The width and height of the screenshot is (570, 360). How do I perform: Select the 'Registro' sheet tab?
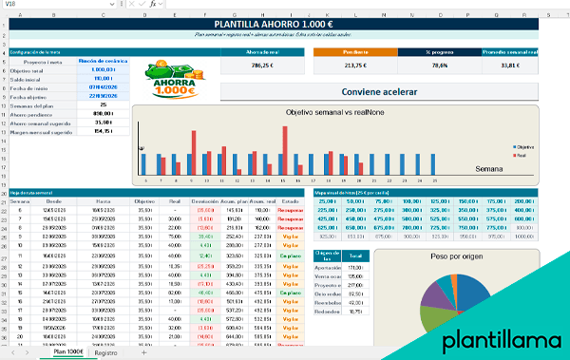(x=106, y=352)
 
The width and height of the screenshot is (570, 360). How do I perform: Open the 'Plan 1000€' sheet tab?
(x=68, y=352)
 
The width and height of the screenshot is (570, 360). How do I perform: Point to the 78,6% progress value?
(x=440, y=66)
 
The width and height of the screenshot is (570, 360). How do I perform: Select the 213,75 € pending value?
(x=354, y=66)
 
